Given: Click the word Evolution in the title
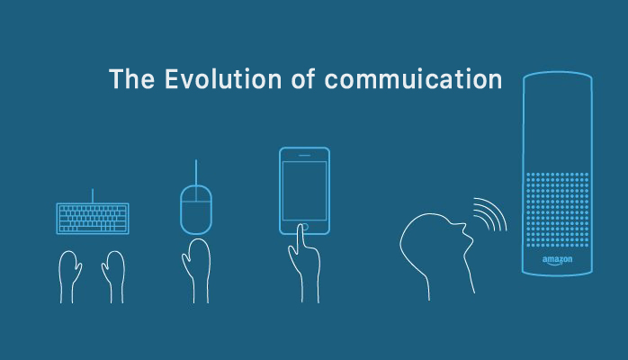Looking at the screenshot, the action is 223,78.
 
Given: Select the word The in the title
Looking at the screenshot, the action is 131,78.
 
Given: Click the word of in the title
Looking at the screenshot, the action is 303,78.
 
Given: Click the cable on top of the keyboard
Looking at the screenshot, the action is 93,196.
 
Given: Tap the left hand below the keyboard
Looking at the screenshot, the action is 69,276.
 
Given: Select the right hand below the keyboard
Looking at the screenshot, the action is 113,276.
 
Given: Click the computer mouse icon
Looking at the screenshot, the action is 196,210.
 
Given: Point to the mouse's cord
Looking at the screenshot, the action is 196,172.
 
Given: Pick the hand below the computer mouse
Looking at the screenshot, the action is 197,271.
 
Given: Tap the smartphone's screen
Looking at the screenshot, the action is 304,191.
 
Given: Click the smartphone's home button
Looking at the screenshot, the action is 305,227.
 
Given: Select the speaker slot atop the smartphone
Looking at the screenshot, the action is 304,156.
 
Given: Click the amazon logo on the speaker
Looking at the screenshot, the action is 557,260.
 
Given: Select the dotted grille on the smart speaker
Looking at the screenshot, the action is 557,210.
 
